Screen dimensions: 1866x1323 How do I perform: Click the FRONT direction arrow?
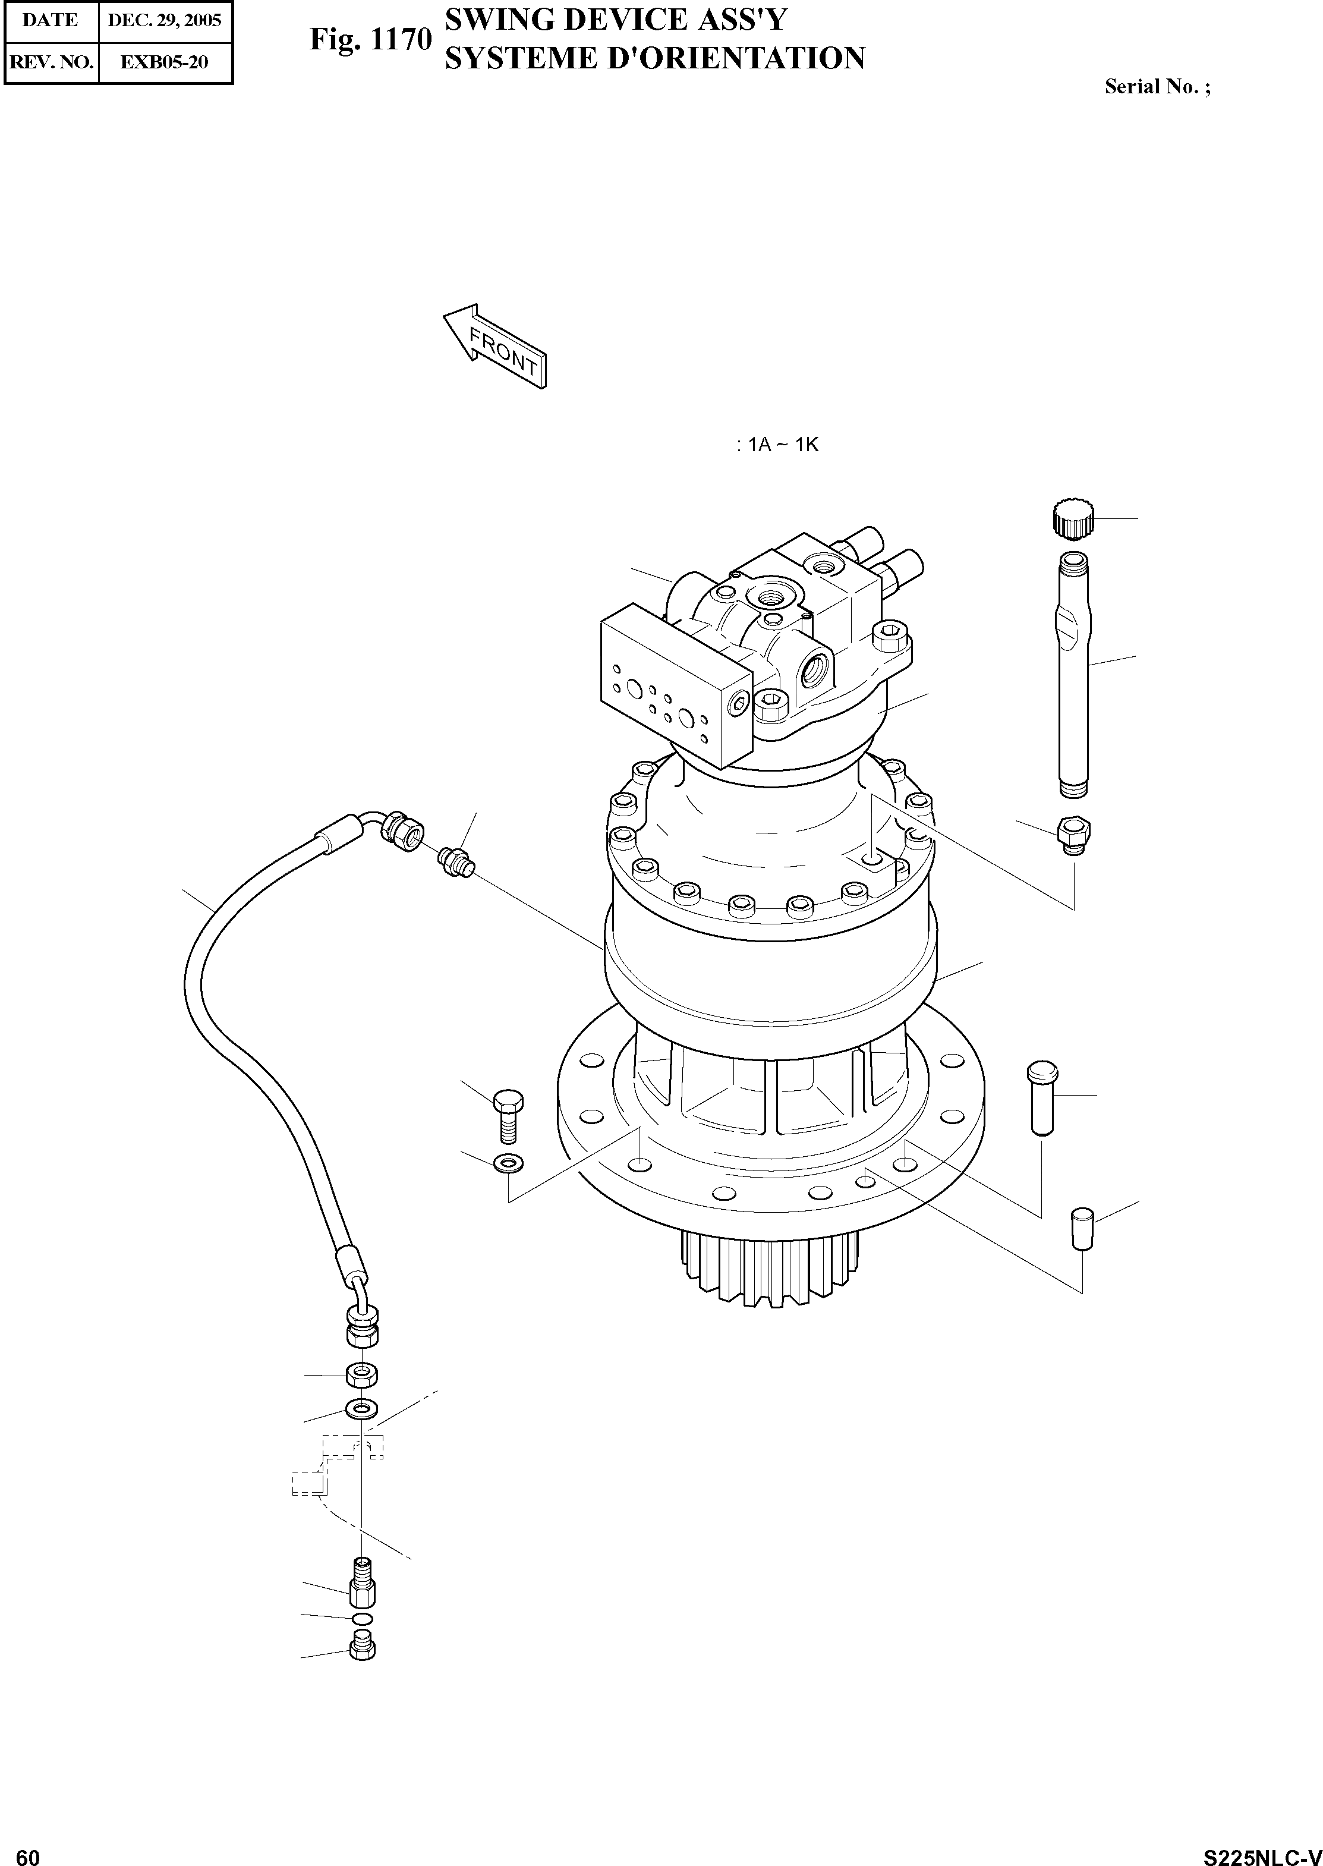point(494,345)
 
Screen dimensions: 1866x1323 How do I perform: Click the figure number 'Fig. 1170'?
point(370,40)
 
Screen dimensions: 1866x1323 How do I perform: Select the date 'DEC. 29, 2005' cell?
point(165,20)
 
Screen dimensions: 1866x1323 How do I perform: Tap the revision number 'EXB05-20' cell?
point(165,61)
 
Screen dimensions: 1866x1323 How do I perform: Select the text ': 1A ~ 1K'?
point(776,445)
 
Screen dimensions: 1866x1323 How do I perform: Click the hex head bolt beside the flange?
point(508,1117)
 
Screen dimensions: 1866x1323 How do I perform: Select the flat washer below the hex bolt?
point(508,1161)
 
